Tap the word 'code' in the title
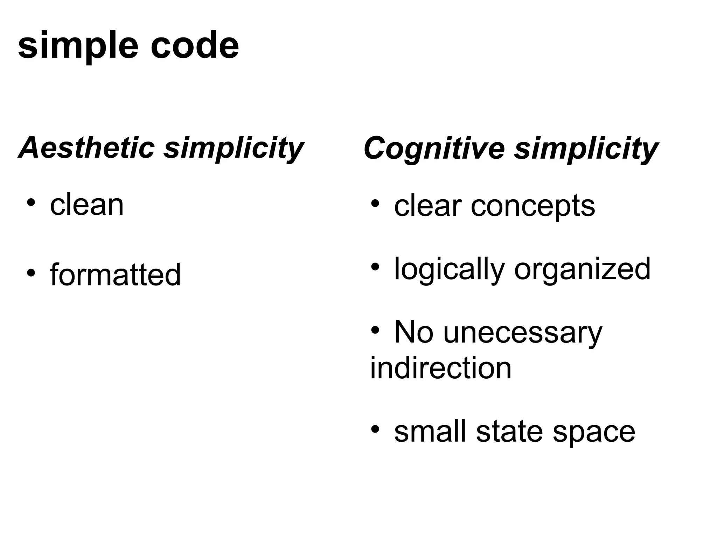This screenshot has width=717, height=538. click(x=195, y=46)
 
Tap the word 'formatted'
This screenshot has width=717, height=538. click(x=115, y=275)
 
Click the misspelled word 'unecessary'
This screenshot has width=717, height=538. click(x=522, y=333)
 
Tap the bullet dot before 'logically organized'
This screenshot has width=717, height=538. click(x=375, y=267)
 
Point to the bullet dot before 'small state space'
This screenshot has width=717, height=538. click(x=375, y=429)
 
